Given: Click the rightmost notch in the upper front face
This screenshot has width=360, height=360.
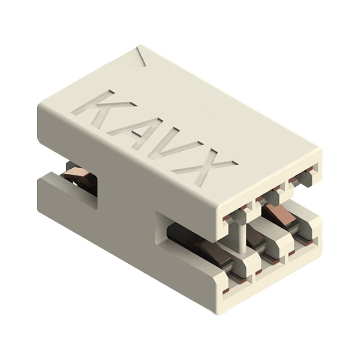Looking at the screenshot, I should (x=304, y=179).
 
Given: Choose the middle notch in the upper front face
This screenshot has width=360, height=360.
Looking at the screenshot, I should (x=269, y=197).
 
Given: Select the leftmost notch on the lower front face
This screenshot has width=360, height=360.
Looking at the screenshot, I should (x=236, y=278).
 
